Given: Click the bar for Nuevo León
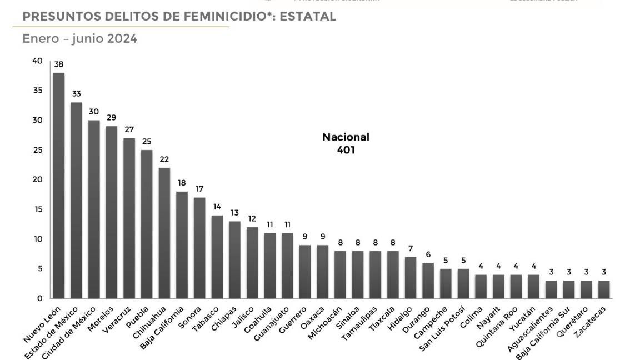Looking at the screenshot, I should click(59, 186).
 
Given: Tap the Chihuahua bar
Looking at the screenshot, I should click(164, 233).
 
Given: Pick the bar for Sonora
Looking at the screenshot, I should click(199, 248).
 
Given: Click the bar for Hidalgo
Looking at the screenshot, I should click(411, 277).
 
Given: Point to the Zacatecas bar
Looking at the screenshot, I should click(604, 289).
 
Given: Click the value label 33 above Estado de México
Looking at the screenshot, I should click(76, 94).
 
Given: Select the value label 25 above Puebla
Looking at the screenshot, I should click(147, 141).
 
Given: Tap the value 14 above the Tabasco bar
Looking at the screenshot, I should click(217, 207).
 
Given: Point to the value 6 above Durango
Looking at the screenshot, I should click(428, 254).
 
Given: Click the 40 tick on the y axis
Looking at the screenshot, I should click(37, 61).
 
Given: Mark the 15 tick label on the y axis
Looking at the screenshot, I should click(37, 209).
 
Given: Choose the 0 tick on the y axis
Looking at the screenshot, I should click(39, 298).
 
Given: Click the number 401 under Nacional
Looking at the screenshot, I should click(346, 150).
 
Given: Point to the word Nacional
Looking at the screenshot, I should click(346, 137).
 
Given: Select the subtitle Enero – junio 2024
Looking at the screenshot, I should click(79, 39).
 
